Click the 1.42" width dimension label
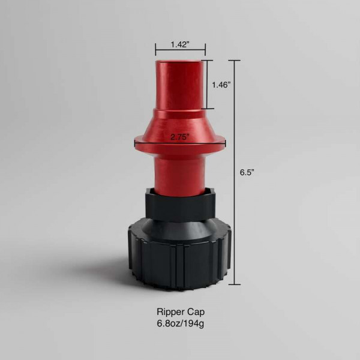coord(180,44)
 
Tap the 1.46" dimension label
coord(221,85)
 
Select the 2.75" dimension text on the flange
coord(180,137)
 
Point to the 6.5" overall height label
coord(247,172)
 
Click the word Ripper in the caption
coord(170,313)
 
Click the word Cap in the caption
coord(196,312)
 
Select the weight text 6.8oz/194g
coord(181,324)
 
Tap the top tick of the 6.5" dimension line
coord(235,61)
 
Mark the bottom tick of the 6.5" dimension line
coord(235,284)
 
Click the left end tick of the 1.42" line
coord(155,50)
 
